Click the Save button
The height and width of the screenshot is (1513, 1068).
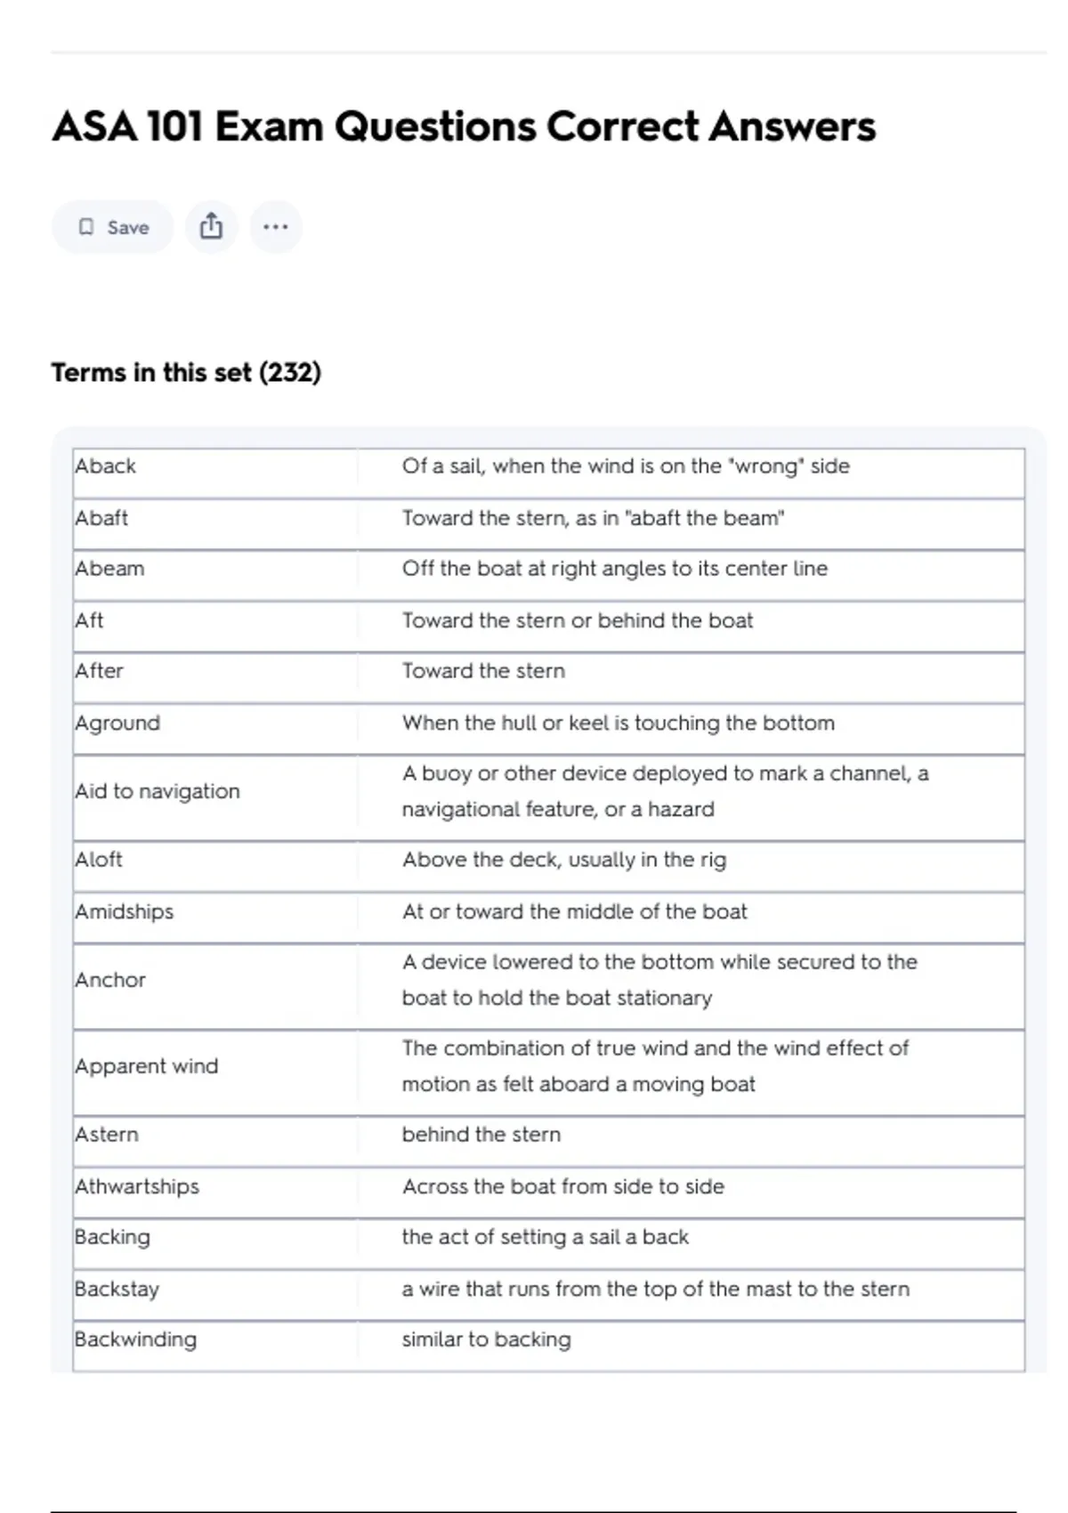pyautogui.click(x=112, y=227)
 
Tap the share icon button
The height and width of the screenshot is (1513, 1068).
pyautogui.click(x=211, y=227)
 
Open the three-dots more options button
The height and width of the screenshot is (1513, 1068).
pyautogui.click(x=276, y=227)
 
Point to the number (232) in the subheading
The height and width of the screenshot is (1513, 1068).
pyautogui.click(x=290, y=372)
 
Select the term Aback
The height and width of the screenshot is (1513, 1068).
pyautogui.click(x=106, y=466)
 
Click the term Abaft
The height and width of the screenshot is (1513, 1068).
pyautogui.click(x=101, y=518)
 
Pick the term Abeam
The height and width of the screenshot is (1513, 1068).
pyautogui.click(x=109, y=569)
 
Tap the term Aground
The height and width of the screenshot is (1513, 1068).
pyautogui.click(x=117, y=723)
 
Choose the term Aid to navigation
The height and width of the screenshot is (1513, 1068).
pyautogui.click(x=158, y=791)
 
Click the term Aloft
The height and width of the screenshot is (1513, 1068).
pyautogui.click(x=99, y=860)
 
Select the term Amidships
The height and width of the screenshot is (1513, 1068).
pyautogui.click(x=125, y=911)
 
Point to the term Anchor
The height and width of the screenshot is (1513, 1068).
pyautogui.click(x=110, y=980)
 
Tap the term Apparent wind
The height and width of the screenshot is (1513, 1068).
pyautogui.click(x=147, y=1066)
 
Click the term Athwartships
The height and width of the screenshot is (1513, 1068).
pyautogui.click(x=137, y=1186)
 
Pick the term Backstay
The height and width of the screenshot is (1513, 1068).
pyautogui.click(x=117, y=1289)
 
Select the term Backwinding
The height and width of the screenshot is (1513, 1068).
pyautogui.click(x=135, y=1339)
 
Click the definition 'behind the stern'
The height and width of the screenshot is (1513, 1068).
pyautogui.click(x=481, y=1135)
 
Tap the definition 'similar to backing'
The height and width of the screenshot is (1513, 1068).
pyautogui.click(x=486, y=1339)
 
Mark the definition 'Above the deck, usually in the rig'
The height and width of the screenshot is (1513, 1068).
pyautogui.click(x=564, y=860)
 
